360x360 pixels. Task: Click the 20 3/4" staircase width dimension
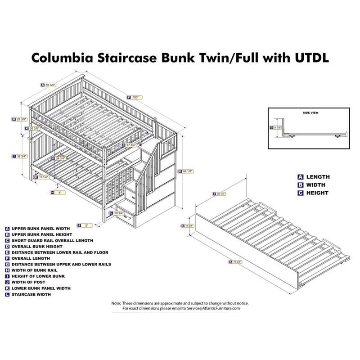pyautogui.click(x=119, y=213)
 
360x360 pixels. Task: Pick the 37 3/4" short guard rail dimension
pyautogui.click(x=131, y=145)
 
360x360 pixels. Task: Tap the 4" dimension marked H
pyautogui.click(x=58, y=192)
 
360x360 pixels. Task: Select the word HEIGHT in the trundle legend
pyautogui.click(x=317, y=193)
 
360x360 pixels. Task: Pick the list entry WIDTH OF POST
pyautogui.click(x=29, y=282)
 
